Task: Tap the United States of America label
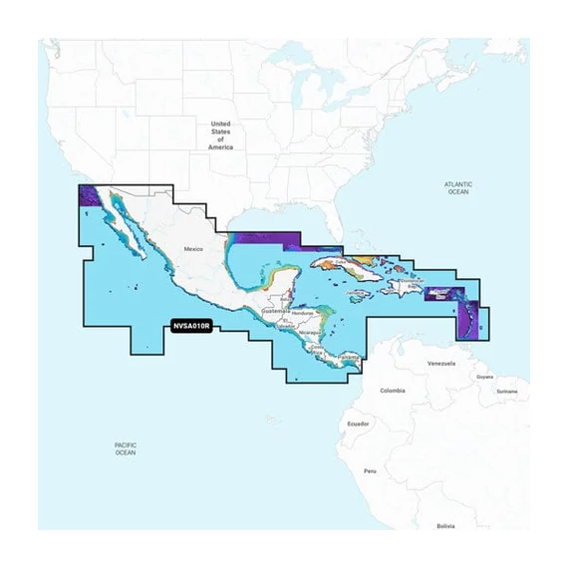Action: tap(220, 135)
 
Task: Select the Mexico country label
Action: tap(193, 248)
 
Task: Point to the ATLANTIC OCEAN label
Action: tap(457, 187)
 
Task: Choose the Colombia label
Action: tap(392, 390)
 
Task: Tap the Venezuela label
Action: tap(440, 364)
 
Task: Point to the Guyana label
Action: tap(484, 378)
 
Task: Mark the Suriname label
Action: tap(507, 391)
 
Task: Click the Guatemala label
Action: tap(273, 311)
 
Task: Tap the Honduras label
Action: tap(304, 314)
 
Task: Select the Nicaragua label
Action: tap(309, 329)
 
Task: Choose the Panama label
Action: tap(348, 357)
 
